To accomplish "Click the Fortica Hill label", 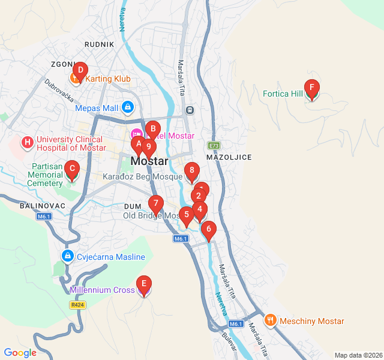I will pos(283,94).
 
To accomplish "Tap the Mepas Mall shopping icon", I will pos(127,108).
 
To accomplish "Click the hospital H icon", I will pos(27,143).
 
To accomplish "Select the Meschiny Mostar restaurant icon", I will pos(270,320).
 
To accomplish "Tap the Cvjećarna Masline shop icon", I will pos(67,257).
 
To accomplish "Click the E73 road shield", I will pos(214,145).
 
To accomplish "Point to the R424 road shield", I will pos(76,305).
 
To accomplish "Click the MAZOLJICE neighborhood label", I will pos(229,157).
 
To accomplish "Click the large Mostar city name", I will pos(149,161).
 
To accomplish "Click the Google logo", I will pos(20,353).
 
